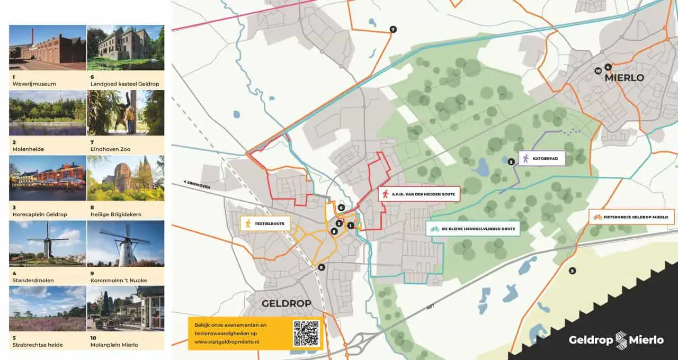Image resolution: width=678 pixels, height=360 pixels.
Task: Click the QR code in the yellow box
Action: coord(306,334)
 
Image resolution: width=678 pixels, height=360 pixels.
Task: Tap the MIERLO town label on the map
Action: coord(624,78)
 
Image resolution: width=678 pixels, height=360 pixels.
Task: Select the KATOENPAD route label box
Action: coord(541,158)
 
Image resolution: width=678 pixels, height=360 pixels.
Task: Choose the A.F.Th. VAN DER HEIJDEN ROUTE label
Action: coord(418,194)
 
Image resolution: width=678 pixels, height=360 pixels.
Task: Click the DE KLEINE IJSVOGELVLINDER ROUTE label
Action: coord(472,229)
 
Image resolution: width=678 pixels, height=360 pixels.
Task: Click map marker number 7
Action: coord(392,29)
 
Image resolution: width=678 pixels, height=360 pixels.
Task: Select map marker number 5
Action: coord(572,271)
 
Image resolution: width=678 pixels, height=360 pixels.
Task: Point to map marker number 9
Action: coord(322,268)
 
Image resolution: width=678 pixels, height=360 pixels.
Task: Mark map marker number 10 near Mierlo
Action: coord(598,70)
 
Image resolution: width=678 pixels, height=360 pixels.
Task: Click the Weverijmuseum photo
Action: coord(48,48)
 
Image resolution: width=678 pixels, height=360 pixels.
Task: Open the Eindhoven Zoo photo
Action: coord(126,113)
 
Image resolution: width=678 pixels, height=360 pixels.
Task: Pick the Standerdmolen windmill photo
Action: coord(48,244)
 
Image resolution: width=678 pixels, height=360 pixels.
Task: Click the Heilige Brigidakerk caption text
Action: coord(116,214)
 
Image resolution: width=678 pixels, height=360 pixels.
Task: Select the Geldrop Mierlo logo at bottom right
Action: coord(616,340)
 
